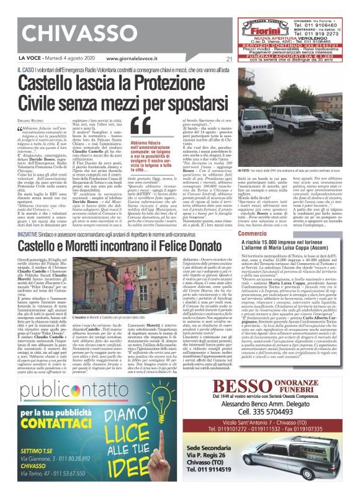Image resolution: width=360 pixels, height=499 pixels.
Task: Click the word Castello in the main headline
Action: click(x=56, y=83)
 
